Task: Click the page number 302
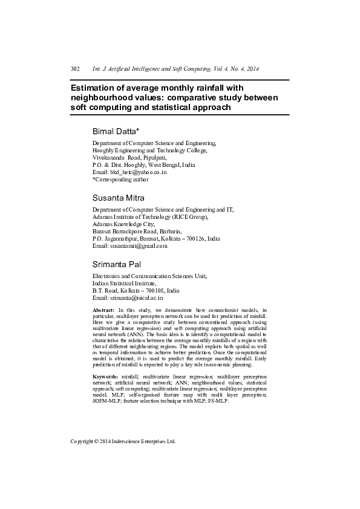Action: click(76, 70)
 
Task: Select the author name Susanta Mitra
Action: click(119, 198)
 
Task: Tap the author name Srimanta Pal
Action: click(117, 264)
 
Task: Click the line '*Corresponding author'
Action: click(120, 179)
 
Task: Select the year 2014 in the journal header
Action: click(252, 70)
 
